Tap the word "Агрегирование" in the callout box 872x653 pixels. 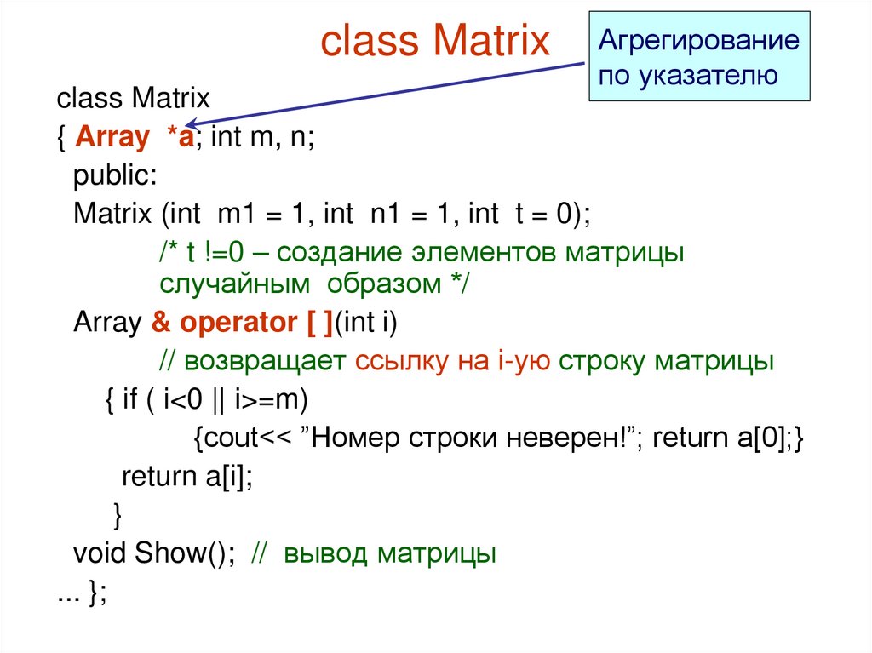[x=698, y=41]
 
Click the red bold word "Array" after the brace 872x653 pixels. [x=111, y=138]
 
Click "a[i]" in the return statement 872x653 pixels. [x=224, y=476]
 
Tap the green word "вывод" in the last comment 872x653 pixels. [x=327, y=553]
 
